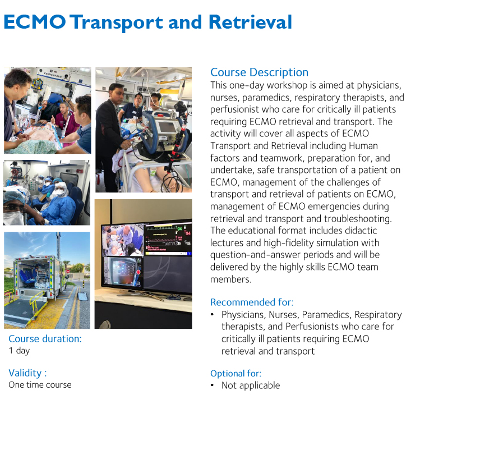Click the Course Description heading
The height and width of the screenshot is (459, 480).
259,72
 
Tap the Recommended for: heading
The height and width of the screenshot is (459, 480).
252,302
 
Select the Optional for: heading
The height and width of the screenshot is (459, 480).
236,374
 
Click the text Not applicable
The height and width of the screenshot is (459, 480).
250,385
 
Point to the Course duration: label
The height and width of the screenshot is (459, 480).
45,339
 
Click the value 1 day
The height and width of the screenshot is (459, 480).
19,351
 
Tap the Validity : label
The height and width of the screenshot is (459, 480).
27,373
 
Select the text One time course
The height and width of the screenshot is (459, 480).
40,385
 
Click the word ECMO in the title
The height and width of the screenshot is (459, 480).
35,22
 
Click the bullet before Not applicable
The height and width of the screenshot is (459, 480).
213,385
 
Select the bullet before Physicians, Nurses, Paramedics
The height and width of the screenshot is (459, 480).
213,315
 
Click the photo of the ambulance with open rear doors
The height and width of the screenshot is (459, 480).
47,280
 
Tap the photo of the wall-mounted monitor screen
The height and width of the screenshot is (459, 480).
143,264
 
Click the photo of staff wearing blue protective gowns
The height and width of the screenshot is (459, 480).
47,192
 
